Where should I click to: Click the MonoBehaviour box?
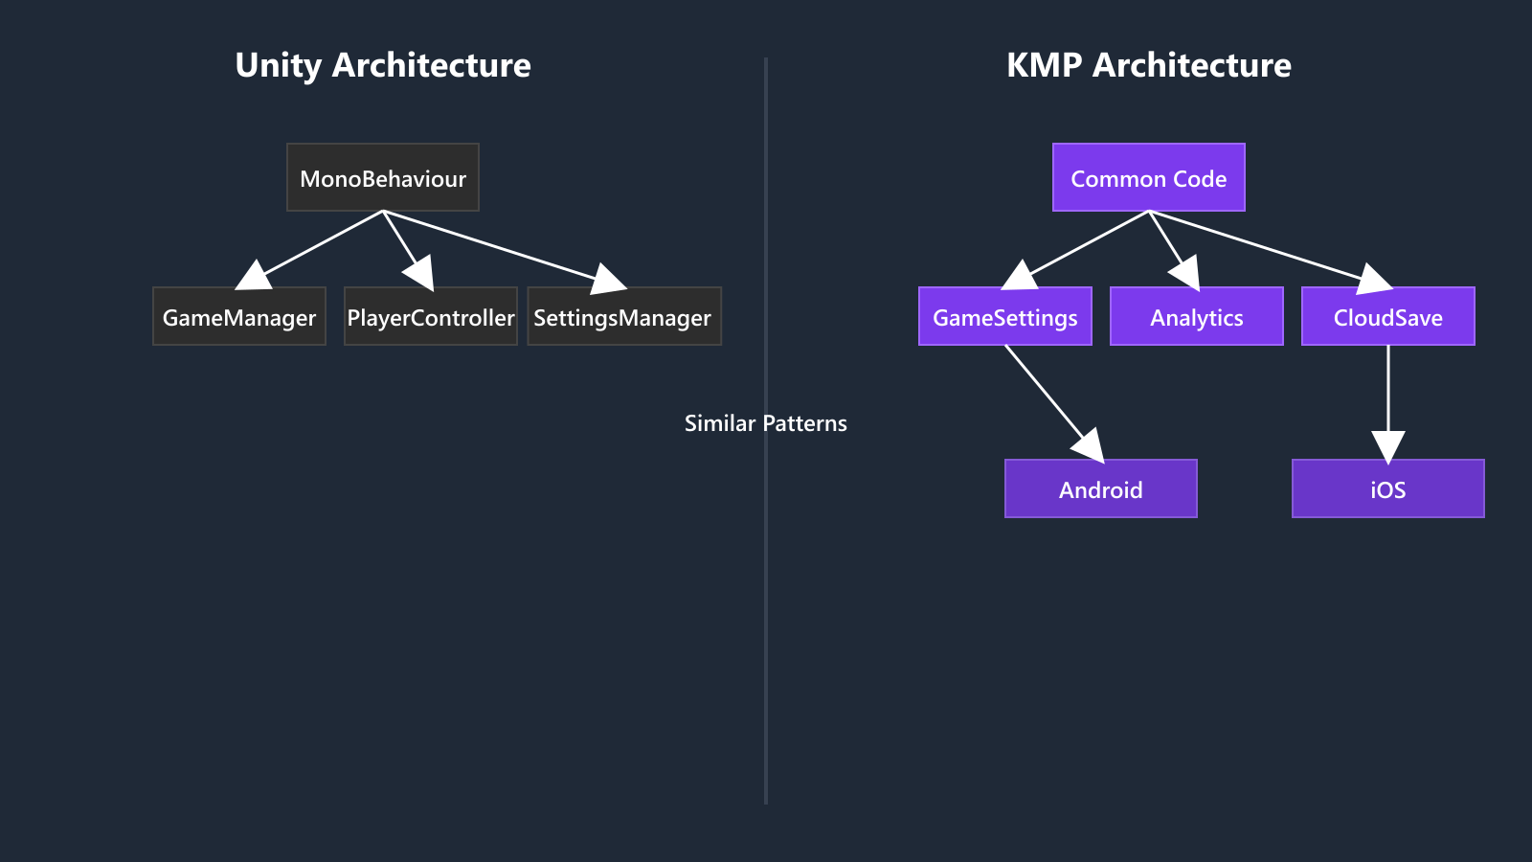click(383, 178)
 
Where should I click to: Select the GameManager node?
click(239, 317)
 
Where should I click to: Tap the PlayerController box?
click(431, 317)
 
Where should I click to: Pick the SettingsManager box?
click(623, 317)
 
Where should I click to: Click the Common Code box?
click(1148, 178)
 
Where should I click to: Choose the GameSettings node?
click(1004, 317)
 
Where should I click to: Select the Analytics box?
click(1196, 317)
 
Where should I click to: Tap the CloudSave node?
click(1387, 317)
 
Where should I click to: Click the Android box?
click(1100, 489)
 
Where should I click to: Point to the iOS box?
click(1387, 489)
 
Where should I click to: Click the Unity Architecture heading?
click(383, 65)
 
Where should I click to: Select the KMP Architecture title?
click(1148, 65)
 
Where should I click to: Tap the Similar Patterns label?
click(765, 423)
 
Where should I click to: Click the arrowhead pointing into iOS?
click(1387, 446)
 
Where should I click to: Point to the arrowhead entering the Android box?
click(1091, 447)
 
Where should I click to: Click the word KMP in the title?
click(1044, 65)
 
